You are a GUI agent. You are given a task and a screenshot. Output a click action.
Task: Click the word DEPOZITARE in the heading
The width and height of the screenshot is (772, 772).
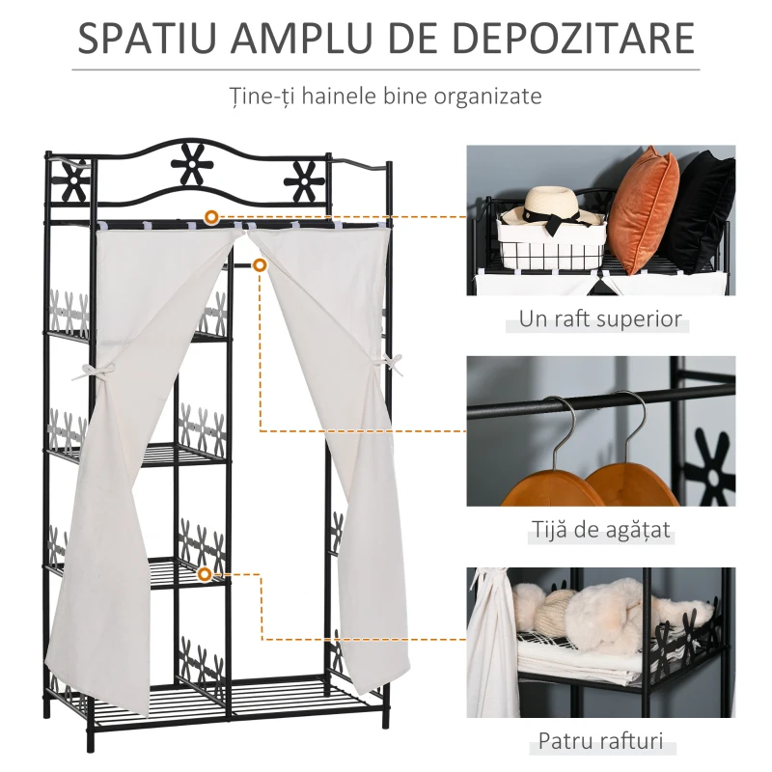(573, 38)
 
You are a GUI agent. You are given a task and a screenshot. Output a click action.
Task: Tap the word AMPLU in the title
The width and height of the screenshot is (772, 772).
(301, 38)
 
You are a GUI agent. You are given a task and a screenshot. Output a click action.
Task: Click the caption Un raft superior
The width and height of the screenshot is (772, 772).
(600, 318)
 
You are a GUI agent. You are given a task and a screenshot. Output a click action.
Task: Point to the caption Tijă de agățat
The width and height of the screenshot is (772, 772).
(600, 530)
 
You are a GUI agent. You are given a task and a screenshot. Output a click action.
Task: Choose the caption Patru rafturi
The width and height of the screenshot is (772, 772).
(600, 740)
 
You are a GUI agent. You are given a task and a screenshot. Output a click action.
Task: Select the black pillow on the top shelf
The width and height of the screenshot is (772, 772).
(702, 211)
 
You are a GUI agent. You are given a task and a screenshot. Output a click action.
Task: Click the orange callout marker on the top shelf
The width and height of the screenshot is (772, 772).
(211, 216)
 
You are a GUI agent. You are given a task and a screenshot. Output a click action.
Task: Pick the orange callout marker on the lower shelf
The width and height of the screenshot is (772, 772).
(205, 574)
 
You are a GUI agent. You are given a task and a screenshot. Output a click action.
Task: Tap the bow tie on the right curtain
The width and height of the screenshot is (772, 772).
(389, 363)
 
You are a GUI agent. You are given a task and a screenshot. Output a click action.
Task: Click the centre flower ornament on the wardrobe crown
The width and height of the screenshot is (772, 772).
(187, 164)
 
